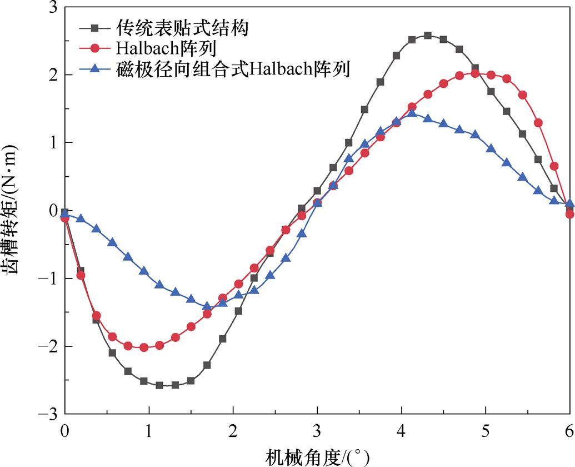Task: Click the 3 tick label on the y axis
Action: point(53,7)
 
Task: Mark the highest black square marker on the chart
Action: point(428,36)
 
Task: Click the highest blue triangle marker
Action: point(412,114)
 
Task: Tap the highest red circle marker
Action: point(475,73)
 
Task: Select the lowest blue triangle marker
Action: point(207,306)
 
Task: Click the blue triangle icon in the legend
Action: point(94,69)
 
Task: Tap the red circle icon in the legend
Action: point(94,48)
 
